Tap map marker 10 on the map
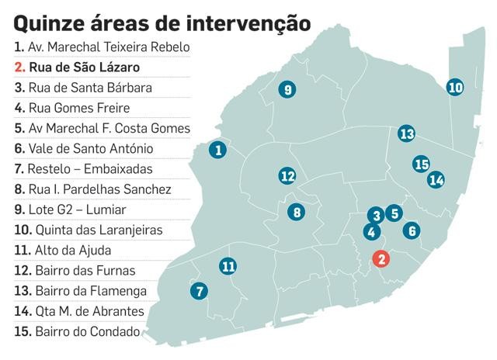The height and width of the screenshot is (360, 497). [456, 88]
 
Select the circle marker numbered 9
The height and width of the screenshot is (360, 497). [287, 90]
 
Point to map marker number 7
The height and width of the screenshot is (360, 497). [200, 292]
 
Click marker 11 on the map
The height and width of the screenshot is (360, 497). [228, 267]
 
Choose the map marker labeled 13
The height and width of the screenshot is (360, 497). [406, 133]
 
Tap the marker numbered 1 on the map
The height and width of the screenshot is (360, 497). [218, 150]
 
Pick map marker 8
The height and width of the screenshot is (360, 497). [296, 211]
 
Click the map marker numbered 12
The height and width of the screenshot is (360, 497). [287, 176]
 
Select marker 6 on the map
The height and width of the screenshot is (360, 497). [412, 230]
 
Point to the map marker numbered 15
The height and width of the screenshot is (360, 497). [422, 164]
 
